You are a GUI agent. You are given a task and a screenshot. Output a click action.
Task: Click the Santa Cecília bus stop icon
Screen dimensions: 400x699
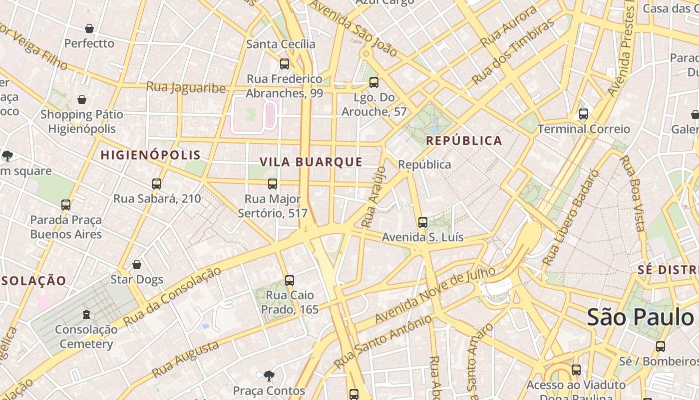[x=285, y=64]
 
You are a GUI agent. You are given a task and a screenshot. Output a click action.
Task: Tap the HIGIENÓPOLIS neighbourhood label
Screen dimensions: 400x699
[x=151, y=155]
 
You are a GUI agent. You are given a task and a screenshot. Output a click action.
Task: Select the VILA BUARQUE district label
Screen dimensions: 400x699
[x=311, y=162]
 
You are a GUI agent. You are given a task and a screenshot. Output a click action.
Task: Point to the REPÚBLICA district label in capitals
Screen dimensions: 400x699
[x=464, y=140]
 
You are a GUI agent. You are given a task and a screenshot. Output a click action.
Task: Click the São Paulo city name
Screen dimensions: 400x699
[x=640, y=317]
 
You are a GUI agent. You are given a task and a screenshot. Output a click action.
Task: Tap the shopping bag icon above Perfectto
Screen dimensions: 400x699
[x=89, y=28]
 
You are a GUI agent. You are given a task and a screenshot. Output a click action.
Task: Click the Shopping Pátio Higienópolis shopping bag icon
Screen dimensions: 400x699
[x=82, y=100]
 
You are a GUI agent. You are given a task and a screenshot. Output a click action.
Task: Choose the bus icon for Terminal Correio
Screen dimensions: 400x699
[x=584, y=114]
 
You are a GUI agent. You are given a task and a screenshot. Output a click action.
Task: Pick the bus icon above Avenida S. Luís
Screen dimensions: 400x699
[x=423, y=222]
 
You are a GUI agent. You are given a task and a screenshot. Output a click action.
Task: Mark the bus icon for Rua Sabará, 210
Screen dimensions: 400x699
[x=157, y=184]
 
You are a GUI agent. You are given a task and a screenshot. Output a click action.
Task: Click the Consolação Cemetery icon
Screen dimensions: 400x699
[x=86, y=315]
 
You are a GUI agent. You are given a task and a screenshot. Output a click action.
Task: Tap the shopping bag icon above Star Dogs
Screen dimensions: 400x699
[x=137, y=264]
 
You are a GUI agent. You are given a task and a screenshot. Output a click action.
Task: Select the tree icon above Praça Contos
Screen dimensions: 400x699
[x=269, y=375]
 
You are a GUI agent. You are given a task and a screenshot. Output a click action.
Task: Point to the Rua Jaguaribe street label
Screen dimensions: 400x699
[x=186, y=87]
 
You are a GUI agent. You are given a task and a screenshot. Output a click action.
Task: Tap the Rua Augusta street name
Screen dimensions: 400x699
[x=185, y=359]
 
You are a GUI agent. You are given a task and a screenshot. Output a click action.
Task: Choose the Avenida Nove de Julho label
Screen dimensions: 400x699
[x=435, y=295]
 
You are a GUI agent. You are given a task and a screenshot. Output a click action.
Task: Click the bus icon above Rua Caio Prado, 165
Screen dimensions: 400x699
[x=290, y=280]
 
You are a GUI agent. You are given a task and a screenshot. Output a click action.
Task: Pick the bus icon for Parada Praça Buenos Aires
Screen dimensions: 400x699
[x=66, y=205]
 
